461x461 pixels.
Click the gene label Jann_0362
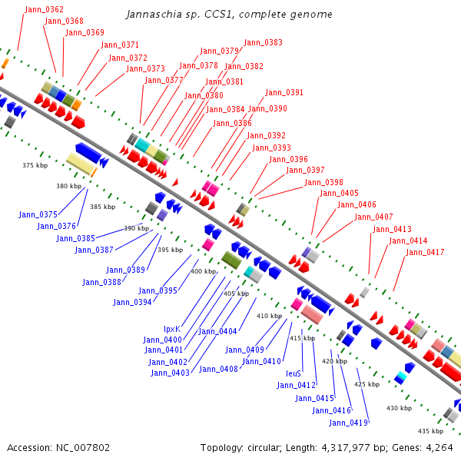(44, 10)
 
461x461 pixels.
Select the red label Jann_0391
(284, 93)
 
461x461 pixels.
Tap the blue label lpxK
(172, 329)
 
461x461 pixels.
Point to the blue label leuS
(294, 373)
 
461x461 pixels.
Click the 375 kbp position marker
(35, 165)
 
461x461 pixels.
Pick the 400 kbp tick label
(203, 271)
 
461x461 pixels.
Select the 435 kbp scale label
(430, 431)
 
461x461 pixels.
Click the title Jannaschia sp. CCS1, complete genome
(229, 14)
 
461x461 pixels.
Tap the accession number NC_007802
(83, 448)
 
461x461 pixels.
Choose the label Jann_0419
(349, 423)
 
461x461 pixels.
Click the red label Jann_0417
(425, 252)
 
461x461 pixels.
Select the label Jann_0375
(38, 214)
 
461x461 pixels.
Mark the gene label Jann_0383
(263, 42)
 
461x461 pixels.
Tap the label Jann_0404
(217, 332)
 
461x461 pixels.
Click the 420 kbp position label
(334, 361)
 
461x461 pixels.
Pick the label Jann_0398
(323, 183)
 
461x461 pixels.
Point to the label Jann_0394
(132, 302)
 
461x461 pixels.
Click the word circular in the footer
(264, 448)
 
